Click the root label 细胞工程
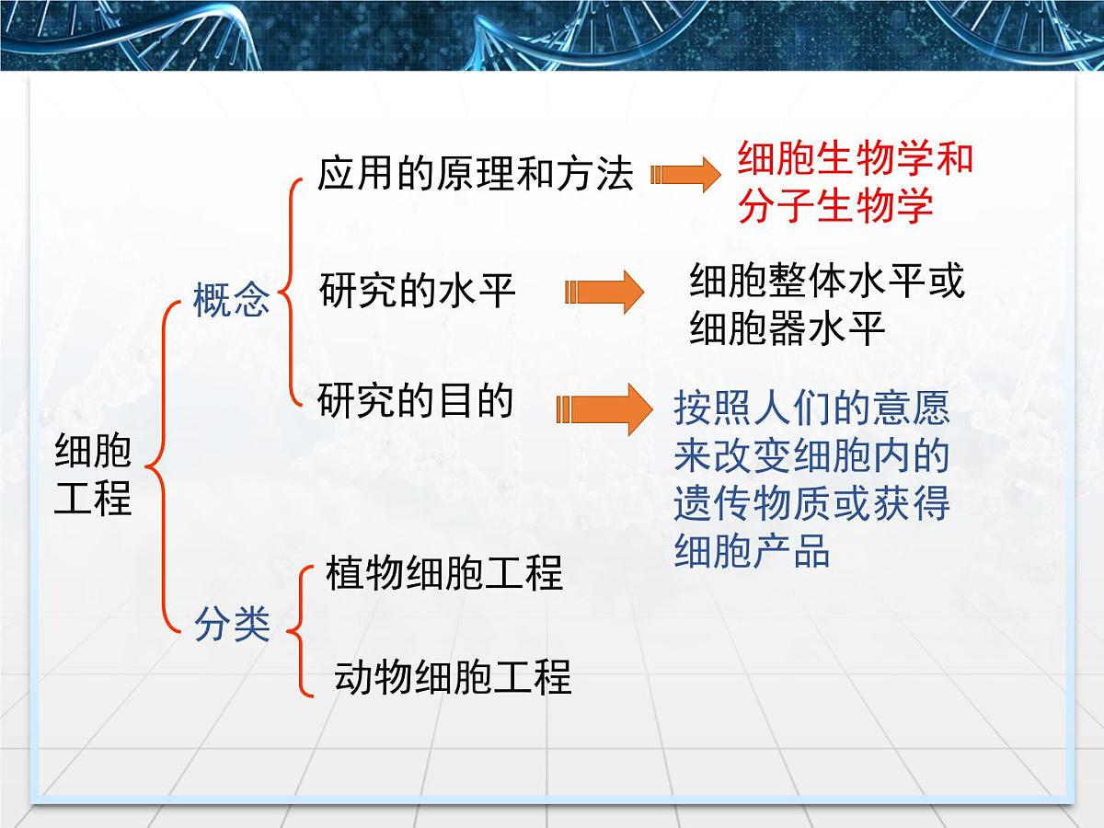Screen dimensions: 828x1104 pos(93,475)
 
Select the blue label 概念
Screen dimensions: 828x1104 pos(231,300)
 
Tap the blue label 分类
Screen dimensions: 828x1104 pos(231,625)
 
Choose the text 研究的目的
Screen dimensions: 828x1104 pos(415,401)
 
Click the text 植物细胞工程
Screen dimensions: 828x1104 pos(443,573)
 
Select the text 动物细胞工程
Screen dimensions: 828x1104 pos(452,676)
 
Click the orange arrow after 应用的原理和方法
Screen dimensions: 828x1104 pos(684,174)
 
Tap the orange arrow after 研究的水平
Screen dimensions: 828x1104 pos(604,293)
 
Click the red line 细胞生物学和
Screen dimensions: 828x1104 pos(855,158)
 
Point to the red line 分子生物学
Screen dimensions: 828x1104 pos(835,205)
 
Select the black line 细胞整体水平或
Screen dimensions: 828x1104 pos(827,282)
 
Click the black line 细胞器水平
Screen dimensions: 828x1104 pos(788,328)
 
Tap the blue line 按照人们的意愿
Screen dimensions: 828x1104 pos(811,408)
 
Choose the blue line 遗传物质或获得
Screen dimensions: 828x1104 pos(811,504)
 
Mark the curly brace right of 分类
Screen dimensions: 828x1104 pos(300,629)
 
